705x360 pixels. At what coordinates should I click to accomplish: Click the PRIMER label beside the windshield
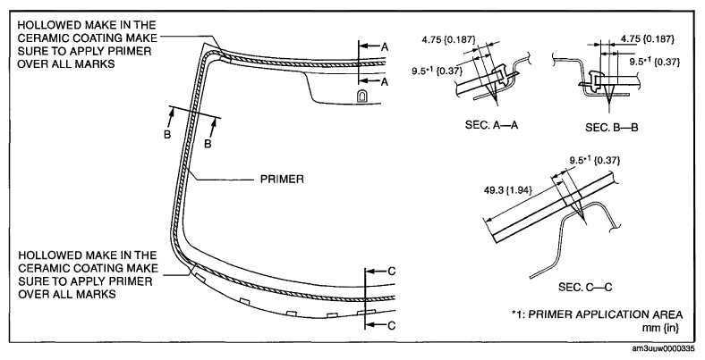click(x=283, y=178)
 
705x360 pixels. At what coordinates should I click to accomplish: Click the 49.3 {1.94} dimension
click(x=508, y=189)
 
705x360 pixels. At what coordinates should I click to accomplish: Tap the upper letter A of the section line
click(x=384, y=45)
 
